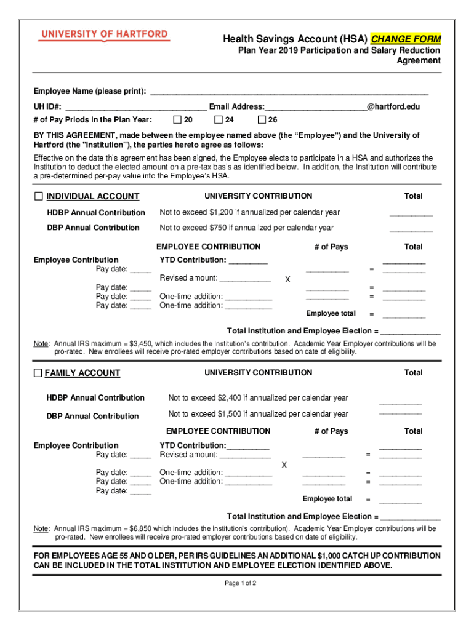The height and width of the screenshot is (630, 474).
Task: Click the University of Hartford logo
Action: click(103, 35)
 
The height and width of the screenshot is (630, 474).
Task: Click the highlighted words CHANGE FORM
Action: click(406, 39)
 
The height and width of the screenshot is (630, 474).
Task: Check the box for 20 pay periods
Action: click(177, 119)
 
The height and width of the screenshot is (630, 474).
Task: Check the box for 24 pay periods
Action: click(218, 119)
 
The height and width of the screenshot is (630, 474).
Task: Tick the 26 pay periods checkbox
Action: click(262, 119)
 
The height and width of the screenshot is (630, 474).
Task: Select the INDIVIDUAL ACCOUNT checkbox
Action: click(39, 196)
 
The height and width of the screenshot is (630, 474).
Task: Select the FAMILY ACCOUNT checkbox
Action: click(38, 373)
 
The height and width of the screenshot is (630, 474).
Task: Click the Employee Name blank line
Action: click(289, 92)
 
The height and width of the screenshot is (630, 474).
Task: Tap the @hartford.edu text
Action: click(393, 106)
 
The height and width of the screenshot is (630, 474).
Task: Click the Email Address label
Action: click(236, 106)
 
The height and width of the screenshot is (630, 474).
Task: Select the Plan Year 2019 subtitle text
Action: click(339, 50)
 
